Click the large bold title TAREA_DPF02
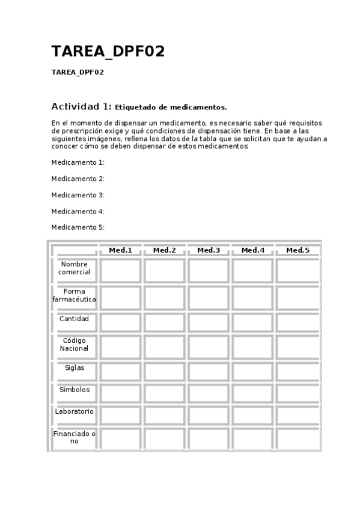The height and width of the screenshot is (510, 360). [108, 52]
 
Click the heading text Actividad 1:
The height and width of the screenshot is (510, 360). [81, 106]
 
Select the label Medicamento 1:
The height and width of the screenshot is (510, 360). [78, 162]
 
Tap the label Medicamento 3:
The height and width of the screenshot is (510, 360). [78, 195]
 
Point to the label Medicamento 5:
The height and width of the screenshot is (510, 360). [78, 227]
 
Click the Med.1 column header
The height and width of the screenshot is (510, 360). [120, 250]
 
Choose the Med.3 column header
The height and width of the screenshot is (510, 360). [209, 250]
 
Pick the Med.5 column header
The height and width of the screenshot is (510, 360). [297, 250]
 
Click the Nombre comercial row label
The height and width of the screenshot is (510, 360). [75, 268]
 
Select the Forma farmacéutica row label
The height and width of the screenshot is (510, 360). [75, 295]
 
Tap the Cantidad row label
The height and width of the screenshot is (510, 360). [75, 319]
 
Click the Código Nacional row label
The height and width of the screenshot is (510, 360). [75, 345]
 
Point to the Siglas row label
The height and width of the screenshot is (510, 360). [75, 367]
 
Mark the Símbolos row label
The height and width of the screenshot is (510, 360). [75, 390]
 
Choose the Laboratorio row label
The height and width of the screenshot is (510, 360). [75, 412]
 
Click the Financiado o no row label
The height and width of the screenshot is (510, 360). [75, 437]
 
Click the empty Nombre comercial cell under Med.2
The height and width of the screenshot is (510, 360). [164, 270]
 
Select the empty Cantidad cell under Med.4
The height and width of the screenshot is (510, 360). [252, 322]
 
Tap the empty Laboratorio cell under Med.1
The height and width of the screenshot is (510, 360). [120, 415]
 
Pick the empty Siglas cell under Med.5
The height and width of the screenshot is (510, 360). [297, 370]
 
